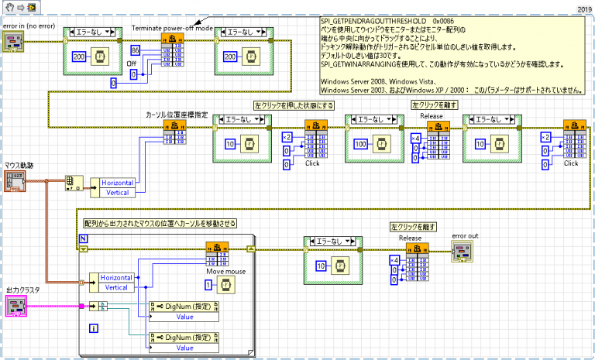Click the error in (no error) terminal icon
[x=16, y=43]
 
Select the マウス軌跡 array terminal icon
[x=16, y=182]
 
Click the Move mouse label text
[x=226, y=272]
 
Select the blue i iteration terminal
[x=94, y=329]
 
